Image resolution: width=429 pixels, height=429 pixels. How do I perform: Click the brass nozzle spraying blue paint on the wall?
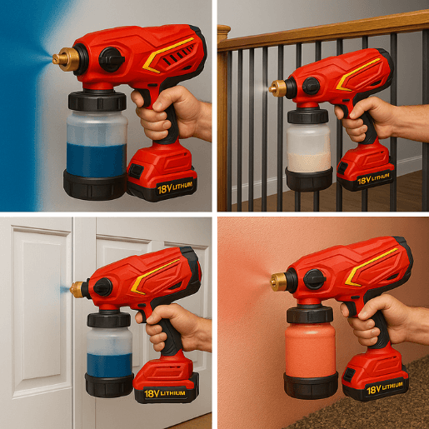point(66,58)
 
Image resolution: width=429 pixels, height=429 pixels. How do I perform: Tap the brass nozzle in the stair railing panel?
point(277,87)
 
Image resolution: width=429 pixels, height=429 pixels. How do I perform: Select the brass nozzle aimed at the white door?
point(77,289)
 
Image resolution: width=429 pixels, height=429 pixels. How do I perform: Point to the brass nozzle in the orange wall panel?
point(279,282)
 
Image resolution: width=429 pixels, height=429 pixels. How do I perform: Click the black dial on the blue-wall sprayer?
point(111,59)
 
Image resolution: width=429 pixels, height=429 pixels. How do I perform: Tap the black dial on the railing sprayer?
point(311,86)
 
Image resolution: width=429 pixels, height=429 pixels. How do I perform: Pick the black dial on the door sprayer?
point(102,287)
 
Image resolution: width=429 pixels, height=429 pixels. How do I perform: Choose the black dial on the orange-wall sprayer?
point(314,279)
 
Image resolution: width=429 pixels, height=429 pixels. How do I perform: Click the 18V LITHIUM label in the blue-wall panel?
point(175,187)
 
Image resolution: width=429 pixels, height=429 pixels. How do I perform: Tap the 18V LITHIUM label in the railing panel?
point(373,179)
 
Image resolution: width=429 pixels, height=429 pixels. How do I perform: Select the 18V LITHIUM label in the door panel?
point(165,393)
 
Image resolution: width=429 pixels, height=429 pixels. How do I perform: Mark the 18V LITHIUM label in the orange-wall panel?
point(385,388)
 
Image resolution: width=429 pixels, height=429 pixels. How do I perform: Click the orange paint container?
point(311,350)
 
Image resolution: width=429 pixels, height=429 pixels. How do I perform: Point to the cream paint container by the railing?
point(308,148)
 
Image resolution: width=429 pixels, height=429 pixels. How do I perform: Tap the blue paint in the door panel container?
point(109,365)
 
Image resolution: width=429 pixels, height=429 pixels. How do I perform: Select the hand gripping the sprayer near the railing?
point(361,118)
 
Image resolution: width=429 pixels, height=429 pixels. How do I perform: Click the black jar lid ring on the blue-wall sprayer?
point(97,101)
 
